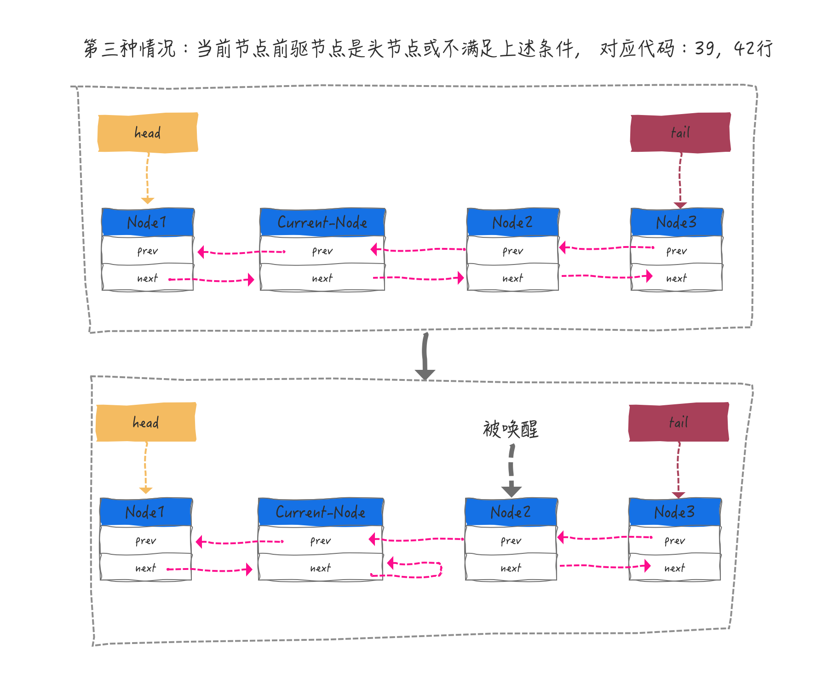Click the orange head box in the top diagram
tap(148, 132)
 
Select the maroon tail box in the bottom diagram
tap(679, 422)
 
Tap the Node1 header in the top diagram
tap(148, 222)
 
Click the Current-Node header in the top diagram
tap(322, 222)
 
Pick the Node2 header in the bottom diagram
tap(511, 512)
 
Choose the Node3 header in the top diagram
tap(676, 222)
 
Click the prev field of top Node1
tap(148, 251)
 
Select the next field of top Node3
tap(676, 278)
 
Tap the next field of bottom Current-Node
tap(321, 568)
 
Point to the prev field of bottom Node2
tap(511, 540)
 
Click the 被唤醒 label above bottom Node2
tap(511, 429)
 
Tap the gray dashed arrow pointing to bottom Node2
tap(511, 469)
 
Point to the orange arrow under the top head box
tap(147, 177)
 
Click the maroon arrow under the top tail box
tap(680, 179)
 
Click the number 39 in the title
tap(704, 48)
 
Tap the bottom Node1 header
tap(146, 512)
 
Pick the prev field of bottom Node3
tap(674, 540)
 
